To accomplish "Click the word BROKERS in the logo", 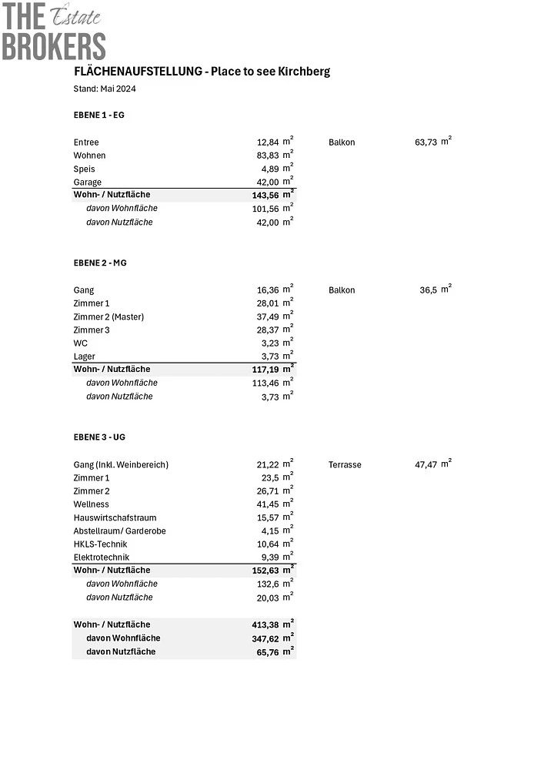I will coord(53,46).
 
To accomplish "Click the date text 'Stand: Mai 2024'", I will coord(105,89).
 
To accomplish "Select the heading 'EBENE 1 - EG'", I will coord(98,115).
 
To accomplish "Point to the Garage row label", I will coord(88,182).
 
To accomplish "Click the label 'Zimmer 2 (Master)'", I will coord(108,316).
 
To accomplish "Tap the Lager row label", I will coord(85,357).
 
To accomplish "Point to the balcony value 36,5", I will coord(428,290).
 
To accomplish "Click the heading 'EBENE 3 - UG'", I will coord(99,437).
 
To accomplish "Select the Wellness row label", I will coord(92,504).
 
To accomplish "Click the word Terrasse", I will coord(345,465).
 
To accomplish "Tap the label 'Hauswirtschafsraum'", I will coord(115,517).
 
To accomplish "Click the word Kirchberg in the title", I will coord(306,71).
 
